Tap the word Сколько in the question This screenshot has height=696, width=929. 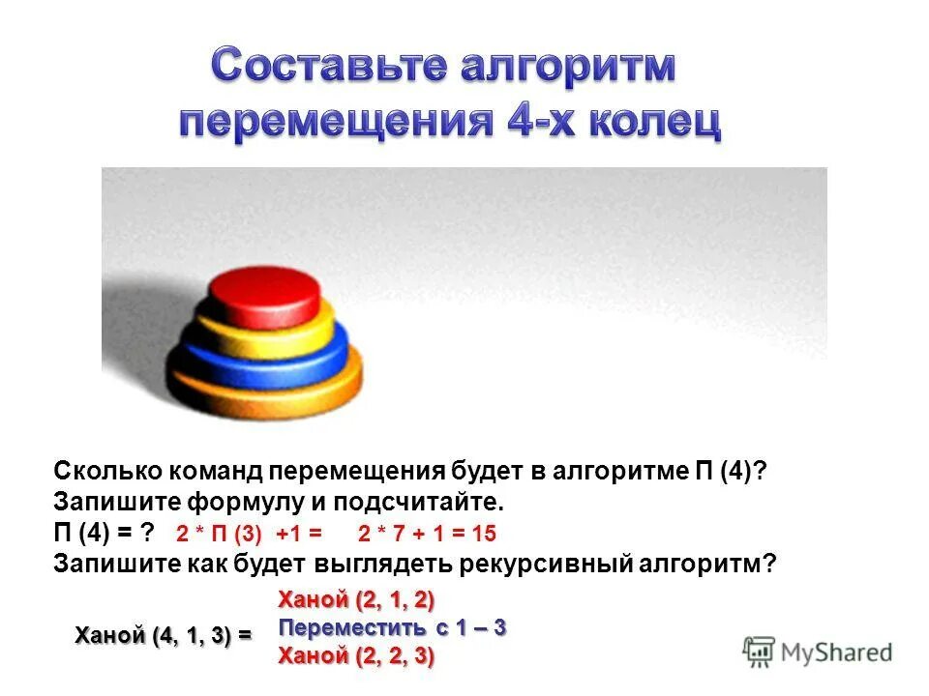tap(107, 471)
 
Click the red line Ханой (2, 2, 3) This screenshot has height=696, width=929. tap(356, 656)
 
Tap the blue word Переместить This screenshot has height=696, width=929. tap(352, 627)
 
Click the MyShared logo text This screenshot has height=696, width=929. tap(837, 652)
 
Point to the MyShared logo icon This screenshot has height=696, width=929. tap(759, 651)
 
